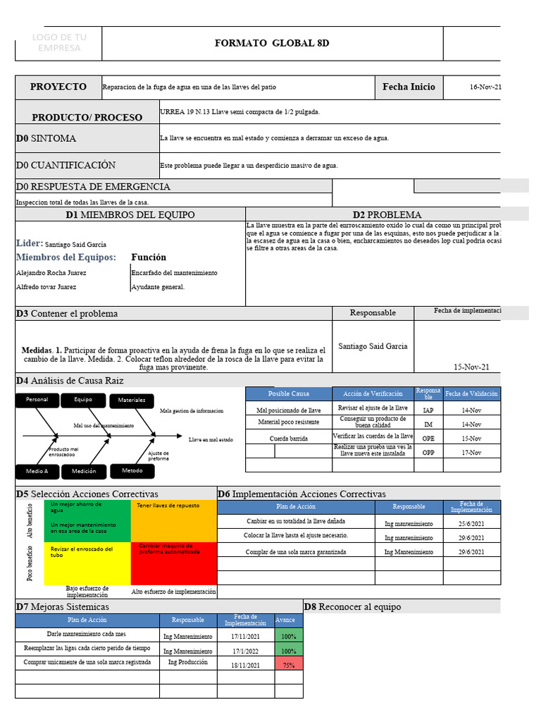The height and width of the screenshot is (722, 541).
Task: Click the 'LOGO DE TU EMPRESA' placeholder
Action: pyautogui.click(x=59, y=43)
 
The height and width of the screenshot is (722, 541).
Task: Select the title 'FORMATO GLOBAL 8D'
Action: pyautogui.click(x=271, y=44)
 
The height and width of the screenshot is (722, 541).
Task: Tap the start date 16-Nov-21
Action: pyautogui.click(x=485, y=87)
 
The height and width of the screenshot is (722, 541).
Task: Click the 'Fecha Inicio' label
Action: pyautogui.click(x=409, y=87)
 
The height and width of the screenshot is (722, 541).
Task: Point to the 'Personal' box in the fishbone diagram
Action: pyautogui.click(x=37, y=400)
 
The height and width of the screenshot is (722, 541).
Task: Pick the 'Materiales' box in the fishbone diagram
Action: pyautogui.click(x=132, y=400)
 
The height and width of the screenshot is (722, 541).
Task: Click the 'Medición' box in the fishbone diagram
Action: pyautogui.click(x=84, y=471)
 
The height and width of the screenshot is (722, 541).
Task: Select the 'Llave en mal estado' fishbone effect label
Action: pyautogui.click(x=211, y=440)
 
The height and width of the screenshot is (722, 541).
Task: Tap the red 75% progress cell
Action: pyautogui.click(x=288, y=664)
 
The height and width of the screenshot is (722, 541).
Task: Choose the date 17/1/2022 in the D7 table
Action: pyautogui.click(x=245, y=651)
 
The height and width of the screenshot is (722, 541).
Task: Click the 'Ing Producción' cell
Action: pyautogui.click(x=188, y=663)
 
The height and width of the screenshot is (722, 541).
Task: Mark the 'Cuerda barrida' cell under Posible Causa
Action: pyautogui.click(x=289, y=438)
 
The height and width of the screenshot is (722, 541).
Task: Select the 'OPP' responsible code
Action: pyautogui.click(x=428, y=452)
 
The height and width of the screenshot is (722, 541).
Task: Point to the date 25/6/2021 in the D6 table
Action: pyautogui.click(x=471, y=524)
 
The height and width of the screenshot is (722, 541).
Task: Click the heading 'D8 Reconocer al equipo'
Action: pyautogui.click(x=352, y=607)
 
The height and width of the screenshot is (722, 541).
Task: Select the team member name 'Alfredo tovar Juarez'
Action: pyautogui.click(x=46, y=287)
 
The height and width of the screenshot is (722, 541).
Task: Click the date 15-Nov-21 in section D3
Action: pyautogui.click(x=472, y=367)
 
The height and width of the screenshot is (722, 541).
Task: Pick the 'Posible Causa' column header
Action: pyautogui.click(x=289, y=393)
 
